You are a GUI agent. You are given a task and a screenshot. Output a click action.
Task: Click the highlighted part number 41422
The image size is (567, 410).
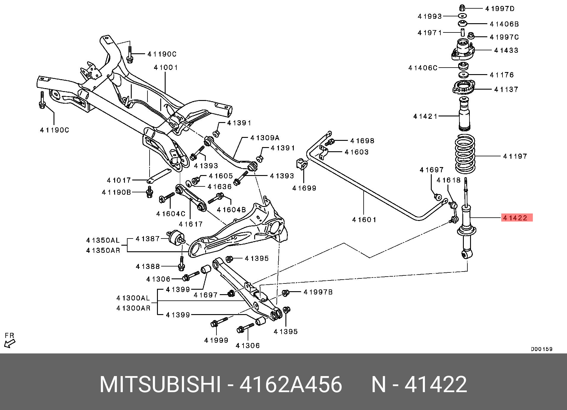(516, 218)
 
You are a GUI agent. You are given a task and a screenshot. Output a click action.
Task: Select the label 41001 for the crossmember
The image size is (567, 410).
(166, 68)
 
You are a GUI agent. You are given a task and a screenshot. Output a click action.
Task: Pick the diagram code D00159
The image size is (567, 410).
(541, 349)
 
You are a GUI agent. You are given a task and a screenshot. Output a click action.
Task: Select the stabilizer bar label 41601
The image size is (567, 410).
(364, 220)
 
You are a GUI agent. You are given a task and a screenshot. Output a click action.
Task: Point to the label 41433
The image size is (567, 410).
(506, 50)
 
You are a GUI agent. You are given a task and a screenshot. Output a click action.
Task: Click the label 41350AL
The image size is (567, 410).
(103, 240)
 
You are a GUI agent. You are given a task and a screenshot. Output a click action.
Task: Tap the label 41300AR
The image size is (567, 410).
(133, 308)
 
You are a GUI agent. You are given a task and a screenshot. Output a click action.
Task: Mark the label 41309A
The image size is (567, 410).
(265, 138)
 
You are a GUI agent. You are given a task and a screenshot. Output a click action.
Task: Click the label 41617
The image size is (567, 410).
(191, 224)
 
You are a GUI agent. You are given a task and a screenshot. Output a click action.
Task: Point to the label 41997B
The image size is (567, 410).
(318, 292)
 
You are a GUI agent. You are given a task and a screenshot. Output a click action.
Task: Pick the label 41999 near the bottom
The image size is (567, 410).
(216, 340)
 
